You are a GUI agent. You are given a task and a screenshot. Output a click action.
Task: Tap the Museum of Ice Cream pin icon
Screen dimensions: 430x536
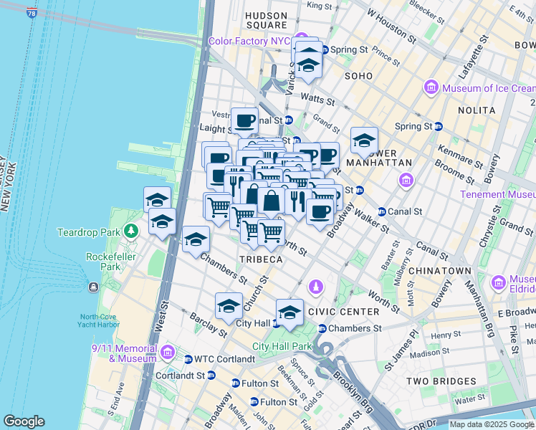(x=432, y=88)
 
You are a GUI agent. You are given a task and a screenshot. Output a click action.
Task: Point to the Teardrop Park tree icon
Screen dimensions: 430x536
(x=130, y=231)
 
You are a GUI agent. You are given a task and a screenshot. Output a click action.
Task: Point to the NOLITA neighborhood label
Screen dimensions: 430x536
(x=479, y=110)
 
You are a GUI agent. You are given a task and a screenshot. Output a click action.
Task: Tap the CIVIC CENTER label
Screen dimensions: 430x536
(x=343, y=312)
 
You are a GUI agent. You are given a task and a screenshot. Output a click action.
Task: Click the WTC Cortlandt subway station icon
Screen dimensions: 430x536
(x=188, y=358)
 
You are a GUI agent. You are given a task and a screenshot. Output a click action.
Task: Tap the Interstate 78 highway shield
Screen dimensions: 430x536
(x=32, y=12)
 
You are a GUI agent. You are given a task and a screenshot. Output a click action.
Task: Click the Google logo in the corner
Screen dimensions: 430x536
(x=24, y=421)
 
